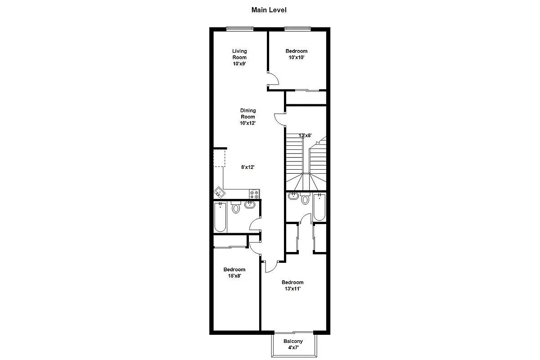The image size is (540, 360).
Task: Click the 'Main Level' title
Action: [269, 9]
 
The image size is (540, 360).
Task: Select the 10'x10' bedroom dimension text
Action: [297, 58]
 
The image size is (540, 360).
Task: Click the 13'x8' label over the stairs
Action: [306, 135]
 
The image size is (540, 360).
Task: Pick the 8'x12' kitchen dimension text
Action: [248, 167]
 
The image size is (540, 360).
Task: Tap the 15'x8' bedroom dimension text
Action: [234, 276]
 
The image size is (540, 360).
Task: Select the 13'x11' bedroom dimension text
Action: [292, 289]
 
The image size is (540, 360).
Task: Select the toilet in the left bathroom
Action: [235, 207]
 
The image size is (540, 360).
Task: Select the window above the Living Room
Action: [240, 29]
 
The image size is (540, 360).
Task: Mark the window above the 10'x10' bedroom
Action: [297, 29]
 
